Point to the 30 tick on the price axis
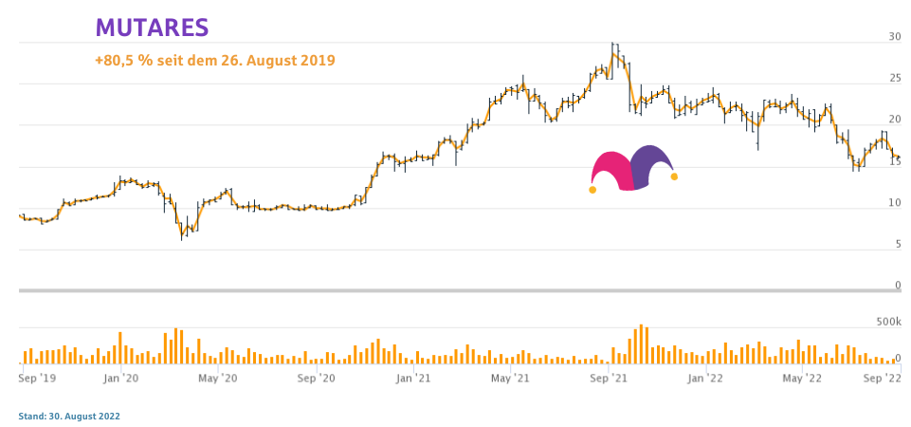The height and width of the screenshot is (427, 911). coord(894,37)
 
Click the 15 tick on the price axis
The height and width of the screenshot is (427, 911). coord(894,161)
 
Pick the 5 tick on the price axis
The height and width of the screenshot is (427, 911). coord(897,244)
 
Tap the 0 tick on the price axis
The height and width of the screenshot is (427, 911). coord(897,285)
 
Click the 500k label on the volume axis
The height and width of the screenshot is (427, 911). coord(887,323)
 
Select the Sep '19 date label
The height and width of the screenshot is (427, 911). coord(37,378)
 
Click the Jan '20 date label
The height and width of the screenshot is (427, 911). coord(121,378)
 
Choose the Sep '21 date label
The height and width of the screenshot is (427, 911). coord(609,378)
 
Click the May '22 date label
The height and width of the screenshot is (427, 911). coord(802,378)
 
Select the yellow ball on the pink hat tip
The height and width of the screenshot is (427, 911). coord(592,190)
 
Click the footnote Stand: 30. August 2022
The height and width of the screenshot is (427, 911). coord(69,416)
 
